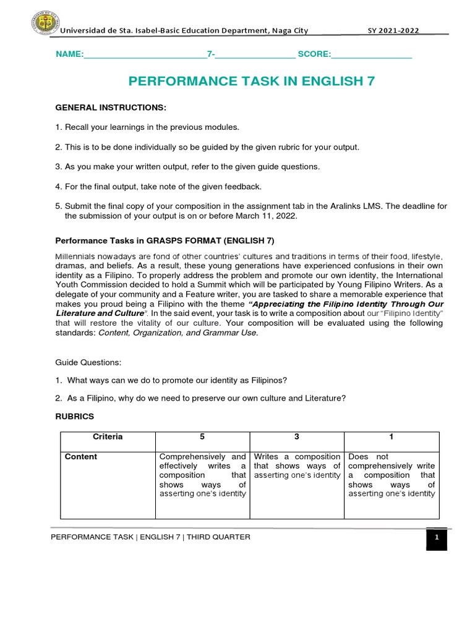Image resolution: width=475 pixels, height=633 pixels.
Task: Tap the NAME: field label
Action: pyautogui.click(x=69, y=54)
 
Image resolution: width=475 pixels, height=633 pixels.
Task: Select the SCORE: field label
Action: pyautogui.click(x=314, y=54)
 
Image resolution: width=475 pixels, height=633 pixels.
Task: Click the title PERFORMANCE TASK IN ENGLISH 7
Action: pyautogui.click(x=251, y=81)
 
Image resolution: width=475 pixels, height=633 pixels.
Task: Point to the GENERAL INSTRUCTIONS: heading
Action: pyautogui.click(x=111, y=108)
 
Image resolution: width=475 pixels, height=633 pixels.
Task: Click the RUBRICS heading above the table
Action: pyautogui.click(x=74, y=417)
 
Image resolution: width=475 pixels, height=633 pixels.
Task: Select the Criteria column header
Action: pyautogui.click(x=108, y=436)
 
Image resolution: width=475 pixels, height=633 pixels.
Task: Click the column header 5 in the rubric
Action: pyautogui.click(x=202, y=436)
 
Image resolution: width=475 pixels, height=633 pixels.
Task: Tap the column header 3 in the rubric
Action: pyautogui.click(x=296, y=436)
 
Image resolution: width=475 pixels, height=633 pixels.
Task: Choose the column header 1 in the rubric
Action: pyautogui.click(x=391, y=436)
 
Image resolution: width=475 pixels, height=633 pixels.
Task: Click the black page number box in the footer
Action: pyautogui.click(x=436, y=538)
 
